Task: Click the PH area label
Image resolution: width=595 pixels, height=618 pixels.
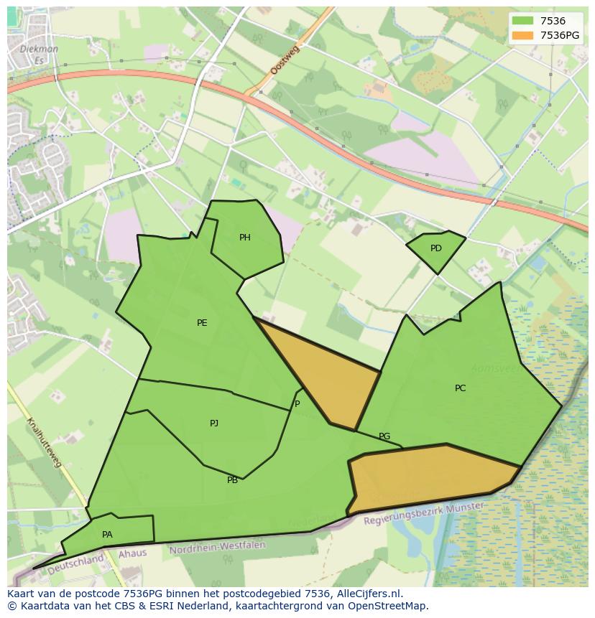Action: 245,238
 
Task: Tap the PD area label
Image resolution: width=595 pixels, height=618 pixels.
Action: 436,248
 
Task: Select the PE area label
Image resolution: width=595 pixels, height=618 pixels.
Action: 202,323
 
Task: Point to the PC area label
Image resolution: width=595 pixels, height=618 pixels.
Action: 460,388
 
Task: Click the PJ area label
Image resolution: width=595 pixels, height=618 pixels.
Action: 214,423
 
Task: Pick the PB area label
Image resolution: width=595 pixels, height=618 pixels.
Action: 232,480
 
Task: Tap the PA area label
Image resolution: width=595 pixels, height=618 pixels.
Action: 107,535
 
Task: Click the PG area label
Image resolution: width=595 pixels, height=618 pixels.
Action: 384,436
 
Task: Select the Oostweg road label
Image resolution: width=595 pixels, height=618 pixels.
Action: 284,58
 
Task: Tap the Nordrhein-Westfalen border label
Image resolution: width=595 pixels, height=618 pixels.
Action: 217,548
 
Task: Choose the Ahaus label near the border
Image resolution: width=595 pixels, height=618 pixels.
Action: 132,553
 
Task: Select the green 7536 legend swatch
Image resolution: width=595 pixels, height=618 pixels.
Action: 523,22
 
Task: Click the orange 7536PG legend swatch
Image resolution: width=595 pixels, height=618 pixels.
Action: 523,35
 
